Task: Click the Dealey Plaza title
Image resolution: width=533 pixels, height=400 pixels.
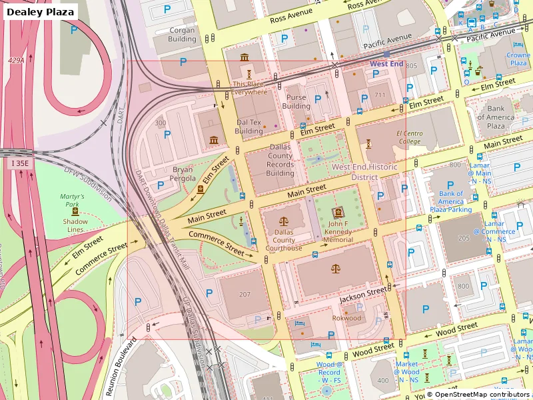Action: point(40,11)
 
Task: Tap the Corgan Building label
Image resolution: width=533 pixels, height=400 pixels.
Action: point(182,35)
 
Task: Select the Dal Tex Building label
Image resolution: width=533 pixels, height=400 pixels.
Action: point(249,127)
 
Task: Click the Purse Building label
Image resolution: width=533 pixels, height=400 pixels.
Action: point(296,101)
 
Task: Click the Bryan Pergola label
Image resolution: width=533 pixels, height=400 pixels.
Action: point(184,174)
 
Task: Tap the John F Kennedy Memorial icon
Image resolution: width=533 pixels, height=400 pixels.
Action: point(338,211)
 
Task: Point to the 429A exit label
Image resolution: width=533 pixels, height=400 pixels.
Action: point(16,61)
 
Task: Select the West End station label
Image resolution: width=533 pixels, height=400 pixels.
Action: point(386,64)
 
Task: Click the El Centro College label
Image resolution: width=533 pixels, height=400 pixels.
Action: point(410,137)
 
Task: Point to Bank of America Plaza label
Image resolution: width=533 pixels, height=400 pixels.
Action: point(496,117)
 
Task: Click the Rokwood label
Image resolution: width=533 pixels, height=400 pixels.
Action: point(346,318)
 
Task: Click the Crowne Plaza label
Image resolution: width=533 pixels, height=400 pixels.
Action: point(518,59)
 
